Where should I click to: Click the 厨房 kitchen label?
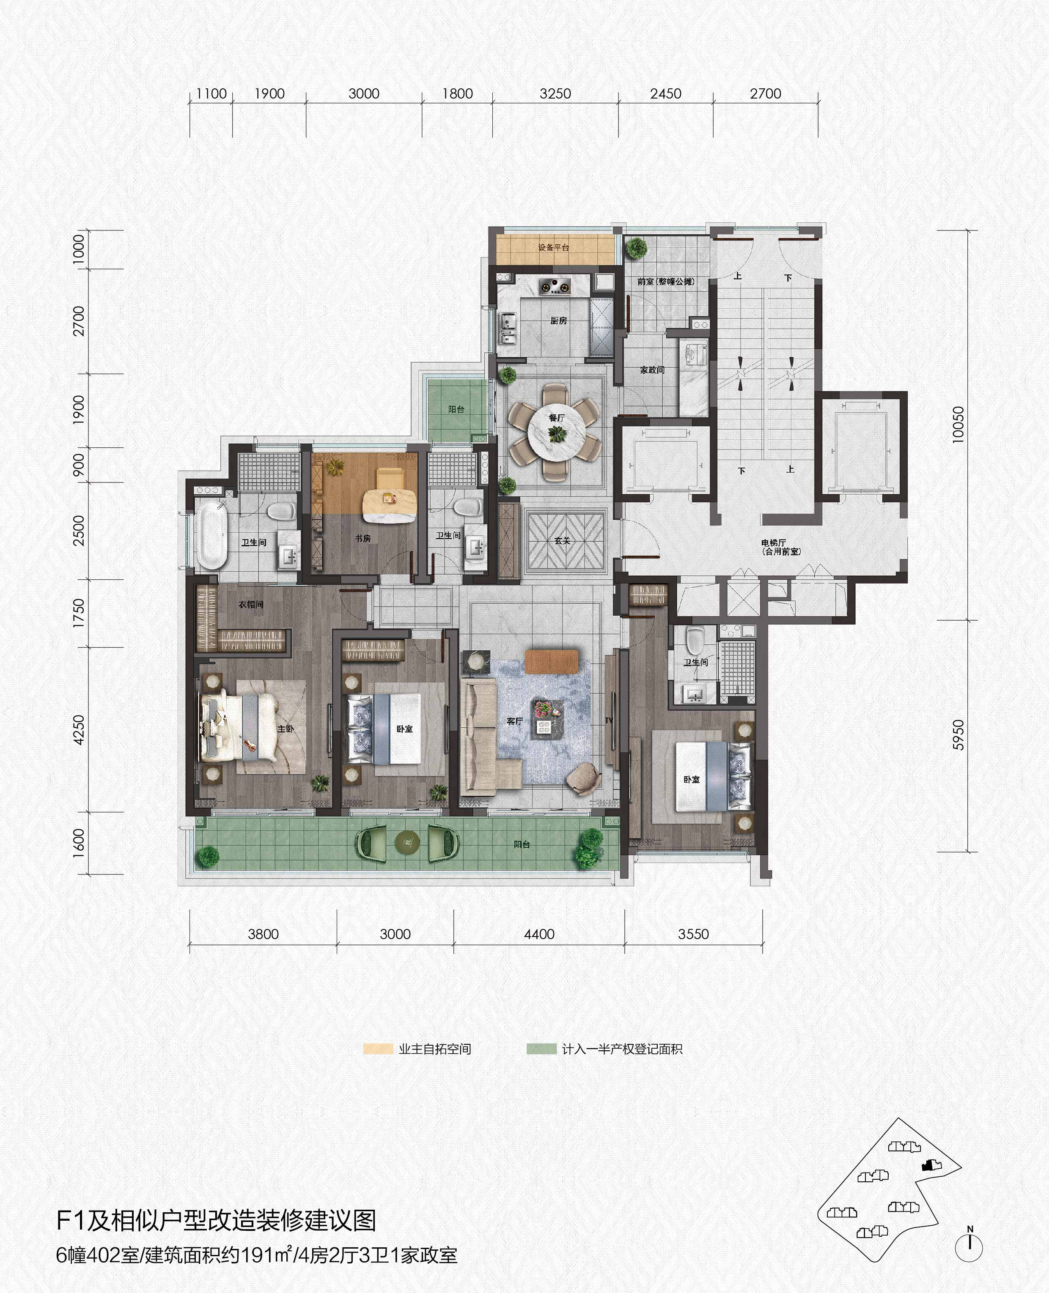[x=558, y=321]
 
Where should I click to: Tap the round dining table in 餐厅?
[x=557, y=432]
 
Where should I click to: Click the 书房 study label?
[x=362, y=538]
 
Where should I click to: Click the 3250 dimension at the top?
[x=555, y=93]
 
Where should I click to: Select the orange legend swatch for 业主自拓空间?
[x=378, y=1049]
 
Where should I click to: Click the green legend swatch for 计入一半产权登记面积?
[x=541, y=1049]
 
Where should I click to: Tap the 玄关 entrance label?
[x=562, y=540]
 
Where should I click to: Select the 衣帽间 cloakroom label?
[x=251, y=604]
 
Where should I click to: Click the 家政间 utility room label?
[x=652, y=370]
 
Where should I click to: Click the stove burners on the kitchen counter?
[x=554, y=286]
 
